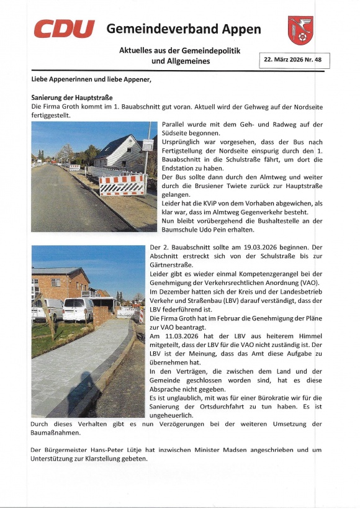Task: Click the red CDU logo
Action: pyautogui.click(x=63, y=29)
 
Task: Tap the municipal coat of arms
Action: pyautogui.click(x=300, y=30)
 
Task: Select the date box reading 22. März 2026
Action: pyautogui.click(x=294, y=60)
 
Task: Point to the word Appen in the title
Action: pyautogui.click(x=243, y=29)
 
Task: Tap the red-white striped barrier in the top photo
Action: pyautogui.click(x=122, y=185)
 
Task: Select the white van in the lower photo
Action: pyautogui.click(x=78, y=309)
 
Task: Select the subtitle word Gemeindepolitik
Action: pyautogui.click(x=210, y=50)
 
